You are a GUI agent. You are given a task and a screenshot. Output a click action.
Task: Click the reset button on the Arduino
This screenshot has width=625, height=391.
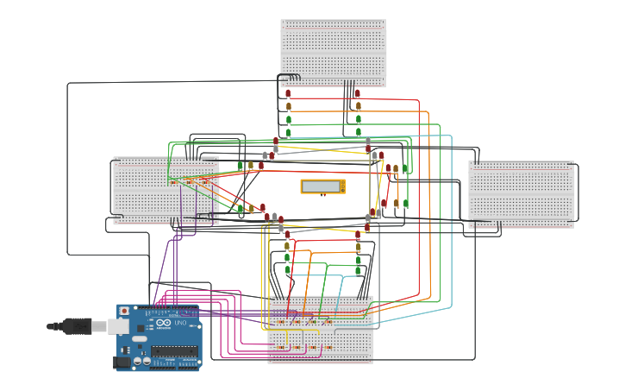[x=124, y=310]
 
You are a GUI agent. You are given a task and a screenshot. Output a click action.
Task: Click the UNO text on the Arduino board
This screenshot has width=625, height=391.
[x=181, y=324]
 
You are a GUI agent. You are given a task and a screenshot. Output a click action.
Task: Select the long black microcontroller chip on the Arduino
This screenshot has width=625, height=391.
[x=176, y=350]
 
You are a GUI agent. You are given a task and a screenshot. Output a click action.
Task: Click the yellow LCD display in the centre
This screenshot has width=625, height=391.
[x=323, y=186]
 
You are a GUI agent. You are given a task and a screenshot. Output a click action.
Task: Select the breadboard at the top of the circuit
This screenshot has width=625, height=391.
[x=333, y=53]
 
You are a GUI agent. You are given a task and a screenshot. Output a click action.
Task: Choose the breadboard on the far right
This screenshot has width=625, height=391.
[x=521, y=193]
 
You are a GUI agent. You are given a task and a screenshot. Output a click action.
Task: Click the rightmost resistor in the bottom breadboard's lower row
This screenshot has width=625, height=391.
[x=328, y=347]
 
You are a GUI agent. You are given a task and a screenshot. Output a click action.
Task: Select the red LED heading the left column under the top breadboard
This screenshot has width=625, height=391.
[x=289, y=93]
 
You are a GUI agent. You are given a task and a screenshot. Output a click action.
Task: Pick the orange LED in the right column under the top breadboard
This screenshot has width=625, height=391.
[x=358, y=106]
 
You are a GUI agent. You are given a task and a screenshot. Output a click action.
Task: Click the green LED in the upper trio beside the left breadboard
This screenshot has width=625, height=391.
[x=241, y=165]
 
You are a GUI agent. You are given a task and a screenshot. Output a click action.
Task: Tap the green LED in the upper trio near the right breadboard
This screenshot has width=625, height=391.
[x=405, y=168]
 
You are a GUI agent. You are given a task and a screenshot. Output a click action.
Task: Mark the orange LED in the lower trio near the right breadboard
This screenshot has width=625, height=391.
[x=396, y=204]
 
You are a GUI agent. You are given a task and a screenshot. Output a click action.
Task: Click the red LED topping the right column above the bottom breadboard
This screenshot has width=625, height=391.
[x=358, y=234]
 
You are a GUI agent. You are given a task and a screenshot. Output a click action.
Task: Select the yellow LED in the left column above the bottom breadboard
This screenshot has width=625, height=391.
[x=287, y=246]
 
